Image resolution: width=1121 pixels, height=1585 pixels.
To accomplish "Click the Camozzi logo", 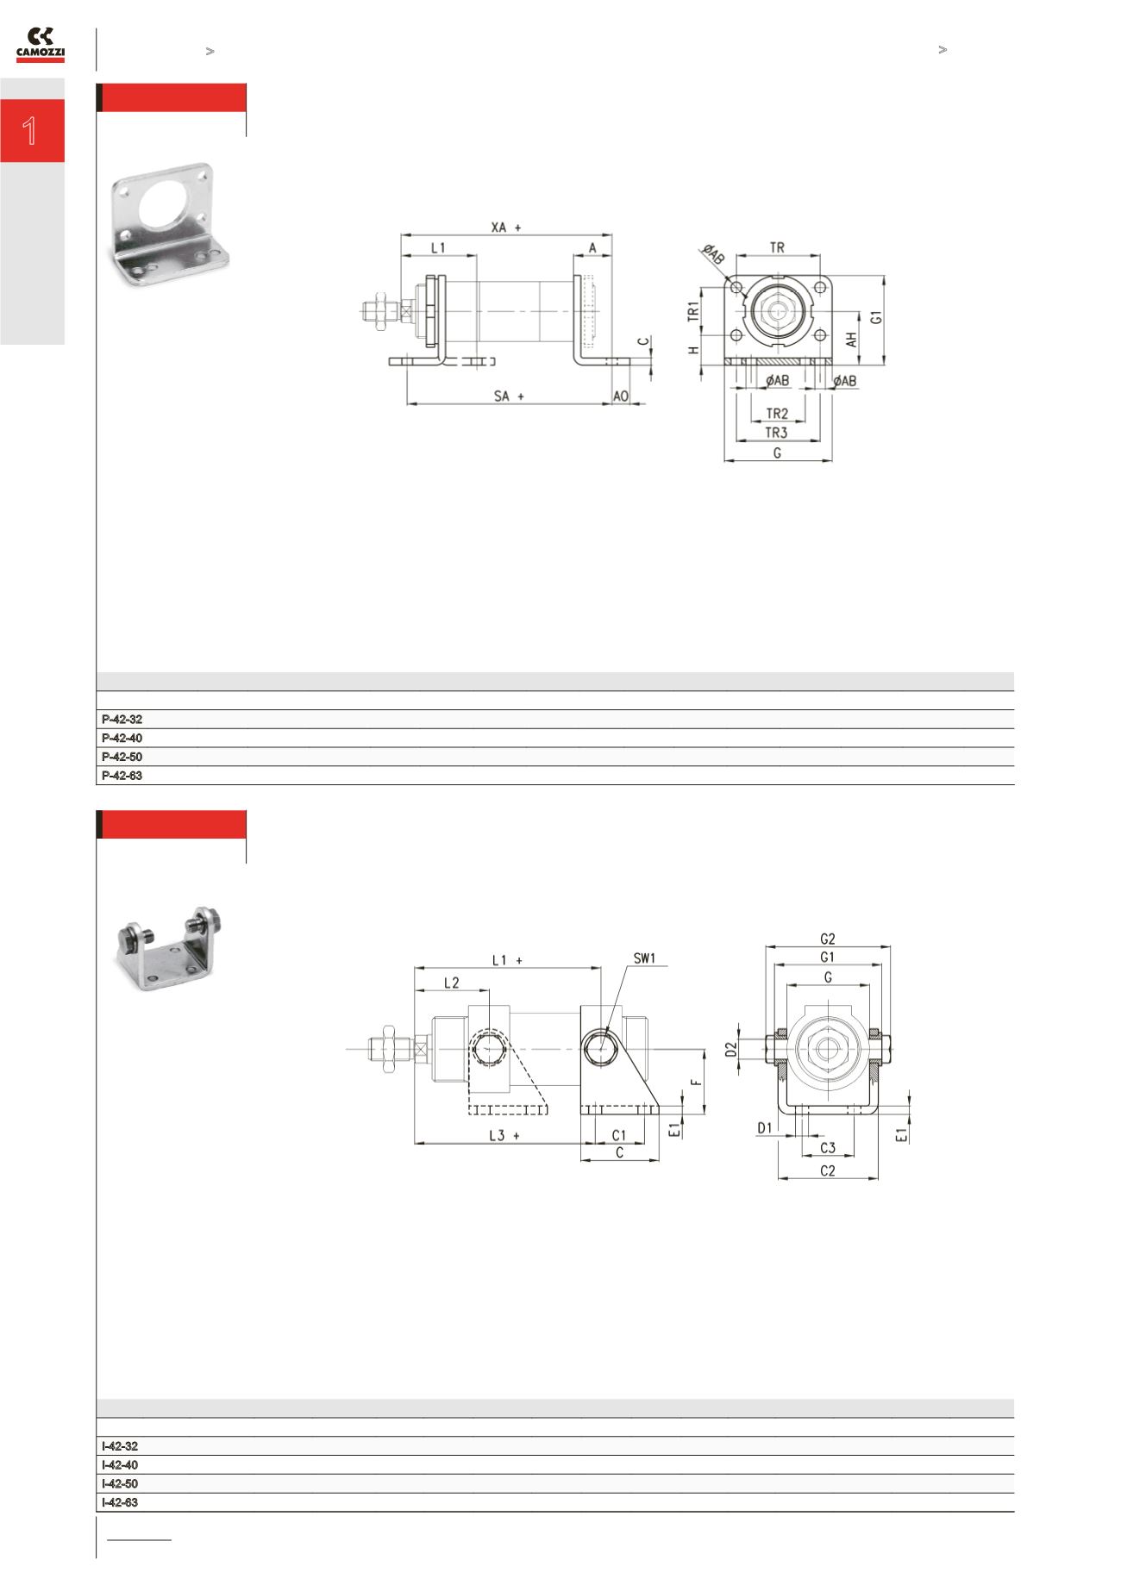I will click(x=41, y=45).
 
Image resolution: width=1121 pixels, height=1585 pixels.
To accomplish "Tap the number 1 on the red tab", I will click(x=31, y=131).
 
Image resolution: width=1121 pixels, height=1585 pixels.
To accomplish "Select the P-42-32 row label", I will click(x=122, y=719).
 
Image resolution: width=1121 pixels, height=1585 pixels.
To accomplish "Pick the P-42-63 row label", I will click(x=122, y=776).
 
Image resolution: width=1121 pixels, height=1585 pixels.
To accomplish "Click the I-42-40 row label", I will click(x=120, y=1464).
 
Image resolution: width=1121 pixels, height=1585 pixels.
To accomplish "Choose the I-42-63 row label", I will click(x=120, y=1502).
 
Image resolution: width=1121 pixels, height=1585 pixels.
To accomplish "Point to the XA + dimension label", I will click(x=507, y=228).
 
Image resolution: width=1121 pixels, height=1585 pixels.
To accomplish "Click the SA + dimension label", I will click(x=509, y=396).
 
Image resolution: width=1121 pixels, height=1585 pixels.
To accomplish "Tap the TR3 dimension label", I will click(x=776, y=433).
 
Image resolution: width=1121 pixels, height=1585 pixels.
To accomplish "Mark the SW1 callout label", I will click(x=644, y=958).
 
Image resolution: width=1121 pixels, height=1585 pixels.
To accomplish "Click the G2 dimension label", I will click(x=827, y=939).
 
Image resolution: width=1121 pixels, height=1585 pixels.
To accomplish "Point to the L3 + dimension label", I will click(x=504, y=1135).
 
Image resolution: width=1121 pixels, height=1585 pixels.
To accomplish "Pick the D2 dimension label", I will click(x=731, y=1049).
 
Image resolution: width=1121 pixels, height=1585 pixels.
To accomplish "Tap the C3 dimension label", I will click(x=828, y=1148).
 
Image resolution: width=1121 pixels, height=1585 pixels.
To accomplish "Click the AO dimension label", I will click(x=621, y=396).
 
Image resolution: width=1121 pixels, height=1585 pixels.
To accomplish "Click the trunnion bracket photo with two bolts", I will click(x=170, y=948).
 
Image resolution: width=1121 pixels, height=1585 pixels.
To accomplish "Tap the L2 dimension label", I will click(x=451, y=983).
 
